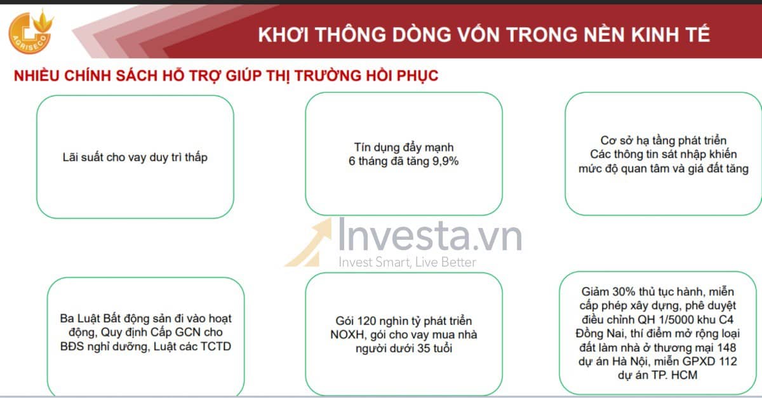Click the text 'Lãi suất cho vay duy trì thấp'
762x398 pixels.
click(135, 157)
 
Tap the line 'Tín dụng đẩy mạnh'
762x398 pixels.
click(404, 147)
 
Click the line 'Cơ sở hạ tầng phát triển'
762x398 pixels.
click(663, 140)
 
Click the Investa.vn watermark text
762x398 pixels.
click(430, 236)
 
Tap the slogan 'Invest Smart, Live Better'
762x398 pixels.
click(407, 262)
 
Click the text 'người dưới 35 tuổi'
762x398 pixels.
click(404, 348)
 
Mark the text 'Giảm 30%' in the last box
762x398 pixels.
click(607, 293)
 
